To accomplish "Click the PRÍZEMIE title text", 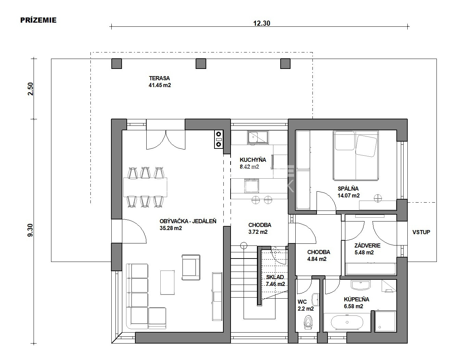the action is [38, 20].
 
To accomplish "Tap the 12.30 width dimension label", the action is [262, 23].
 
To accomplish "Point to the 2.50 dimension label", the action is [31, 89].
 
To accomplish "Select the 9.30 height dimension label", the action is [30, 230].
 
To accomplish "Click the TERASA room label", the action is [159, 78].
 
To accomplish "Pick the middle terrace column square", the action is [201, 64].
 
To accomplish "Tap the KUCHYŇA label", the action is [253, 160].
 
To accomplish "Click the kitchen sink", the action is [258, 137].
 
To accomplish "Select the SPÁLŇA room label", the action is [348, 189].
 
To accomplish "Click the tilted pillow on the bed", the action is [366, 146].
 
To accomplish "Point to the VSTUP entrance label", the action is [421, 232].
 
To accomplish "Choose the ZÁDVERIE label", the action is [367, 245].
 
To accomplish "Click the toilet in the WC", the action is [308, 323].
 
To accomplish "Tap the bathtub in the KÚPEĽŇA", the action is [347, 322].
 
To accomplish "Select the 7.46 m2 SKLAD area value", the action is [275, 284].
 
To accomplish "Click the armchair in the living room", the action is [191, 267].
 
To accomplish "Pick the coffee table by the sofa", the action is [168, 283].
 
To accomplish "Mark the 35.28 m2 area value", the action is [171, 228].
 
